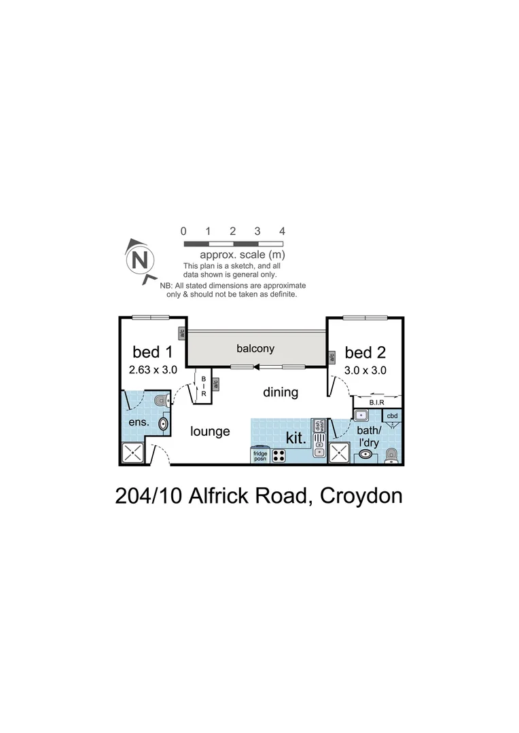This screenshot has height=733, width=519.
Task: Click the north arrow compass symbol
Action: (139, 260)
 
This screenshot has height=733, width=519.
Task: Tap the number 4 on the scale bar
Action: (282, 231)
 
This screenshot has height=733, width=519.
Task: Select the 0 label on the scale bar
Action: (184, 231)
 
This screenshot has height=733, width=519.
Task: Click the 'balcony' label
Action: (255, 348)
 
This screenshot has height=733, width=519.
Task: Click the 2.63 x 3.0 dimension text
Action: (152, 370)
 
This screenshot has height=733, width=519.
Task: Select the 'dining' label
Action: (281, 392)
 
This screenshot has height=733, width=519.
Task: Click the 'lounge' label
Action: (210, 431)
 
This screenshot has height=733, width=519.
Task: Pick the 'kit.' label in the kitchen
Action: (296, 438)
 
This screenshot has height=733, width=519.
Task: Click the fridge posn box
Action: (260, 455)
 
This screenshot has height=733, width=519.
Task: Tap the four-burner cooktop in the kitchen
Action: (279, 456)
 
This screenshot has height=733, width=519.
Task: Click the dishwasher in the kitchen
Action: (317, 426)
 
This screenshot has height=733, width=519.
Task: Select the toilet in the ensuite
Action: (160, 401)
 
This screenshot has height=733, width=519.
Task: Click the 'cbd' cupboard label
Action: (392, 415)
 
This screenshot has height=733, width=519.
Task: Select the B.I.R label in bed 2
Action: (377, 402)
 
